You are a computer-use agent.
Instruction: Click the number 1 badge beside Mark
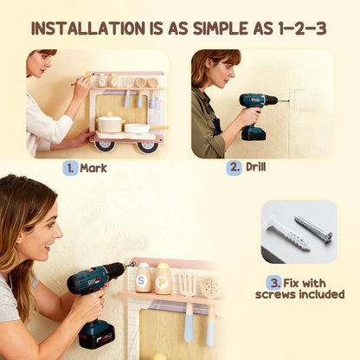tap(70, 167)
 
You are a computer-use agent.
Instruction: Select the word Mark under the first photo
tap(93, 167)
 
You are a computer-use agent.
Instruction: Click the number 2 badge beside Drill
tap(234, 167)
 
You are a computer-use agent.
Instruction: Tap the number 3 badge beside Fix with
tap(273, 281)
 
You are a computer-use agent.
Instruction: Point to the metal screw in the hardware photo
tap(312, 228)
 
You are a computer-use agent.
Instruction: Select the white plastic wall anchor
tap(288, 235)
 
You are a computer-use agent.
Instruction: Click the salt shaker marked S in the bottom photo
tap(144, 279)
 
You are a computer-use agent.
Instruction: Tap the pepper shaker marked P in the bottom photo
tap(163, 279)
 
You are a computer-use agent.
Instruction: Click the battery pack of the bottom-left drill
tap(95, 333)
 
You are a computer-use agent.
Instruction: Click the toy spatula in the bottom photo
tap(189, 294)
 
